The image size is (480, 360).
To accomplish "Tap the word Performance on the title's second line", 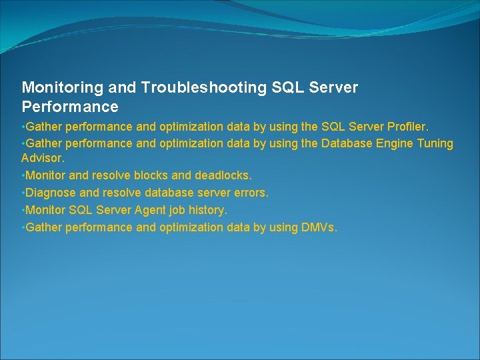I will pos(70,107).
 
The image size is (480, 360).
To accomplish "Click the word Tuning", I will pos(435,143).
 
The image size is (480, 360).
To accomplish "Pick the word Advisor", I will pos(43,159).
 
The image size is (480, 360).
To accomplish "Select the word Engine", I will pos(393,143).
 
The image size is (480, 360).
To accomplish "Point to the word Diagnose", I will pos(50,193).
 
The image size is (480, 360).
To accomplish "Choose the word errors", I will pos(251,193).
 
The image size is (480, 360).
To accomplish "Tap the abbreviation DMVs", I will pos(319,227).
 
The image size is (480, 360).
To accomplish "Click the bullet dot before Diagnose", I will pos(23,193).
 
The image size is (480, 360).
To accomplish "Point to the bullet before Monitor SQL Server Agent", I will pos(23,210).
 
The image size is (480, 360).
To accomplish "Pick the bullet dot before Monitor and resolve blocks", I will pos(23,175).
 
